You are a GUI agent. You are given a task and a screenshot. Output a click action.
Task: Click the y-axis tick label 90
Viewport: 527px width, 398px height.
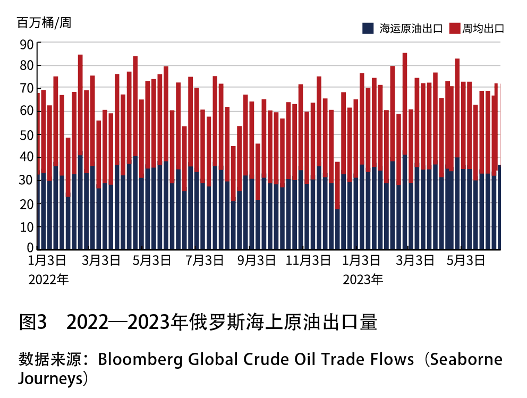tap(27, 44)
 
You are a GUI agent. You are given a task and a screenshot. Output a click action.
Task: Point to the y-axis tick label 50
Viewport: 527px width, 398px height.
tap(27, 135)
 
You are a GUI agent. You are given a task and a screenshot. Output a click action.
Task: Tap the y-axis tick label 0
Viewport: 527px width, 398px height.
tap(30, 248)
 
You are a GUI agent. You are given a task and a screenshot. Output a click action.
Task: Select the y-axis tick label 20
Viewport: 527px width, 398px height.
tap(27, 204)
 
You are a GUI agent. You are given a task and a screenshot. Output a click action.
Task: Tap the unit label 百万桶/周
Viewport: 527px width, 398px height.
tap(44, 23)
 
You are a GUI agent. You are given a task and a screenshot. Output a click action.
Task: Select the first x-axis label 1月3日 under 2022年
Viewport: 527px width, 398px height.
tap(48, 261)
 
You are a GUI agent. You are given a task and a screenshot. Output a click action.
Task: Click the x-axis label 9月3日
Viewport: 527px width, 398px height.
tap(257, 261)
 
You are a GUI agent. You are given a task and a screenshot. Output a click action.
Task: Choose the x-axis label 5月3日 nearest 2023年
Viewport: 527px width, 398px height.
tap(465, 261)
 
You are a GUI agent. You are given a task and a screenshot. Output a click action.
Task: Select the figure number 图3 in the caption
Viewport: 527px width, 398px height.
tap(33, 322)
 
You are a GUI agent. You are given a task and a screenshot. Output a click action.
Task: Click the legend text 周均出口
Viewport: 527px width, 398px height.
tap(483, 29)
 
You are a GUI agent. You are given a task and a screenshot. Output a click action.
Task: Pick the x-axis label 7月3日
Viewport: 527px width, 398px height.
tap(205, 261)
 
